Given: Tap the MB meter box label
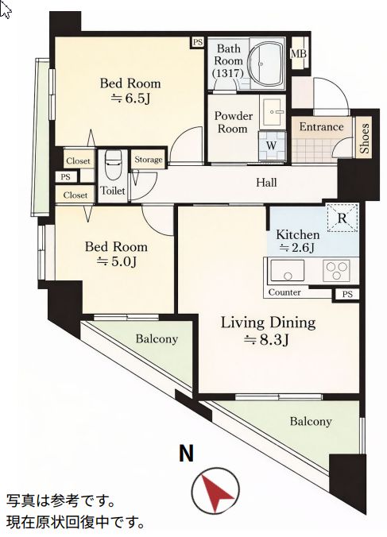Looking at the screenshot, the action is click(299, 54).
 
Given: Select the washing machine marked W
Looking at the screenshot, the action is click(271, 145).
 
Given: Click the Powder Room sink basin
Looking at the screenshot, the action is click(273, 112).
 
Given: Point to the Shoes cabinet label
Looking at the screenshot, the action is click(364, 138).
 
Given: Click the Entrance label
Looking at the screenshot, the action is click(321, 127).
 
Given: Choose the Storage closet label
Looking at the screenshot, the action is click(149, 159).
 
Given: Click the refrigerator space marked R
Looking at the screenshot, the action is click(342, 218).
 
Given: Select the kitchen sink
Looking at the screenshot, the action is click(287, 270).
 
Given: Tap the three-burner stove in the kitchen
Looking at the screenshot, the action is click(336, 270).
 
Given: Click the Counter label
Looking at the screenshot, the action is click(284, 292).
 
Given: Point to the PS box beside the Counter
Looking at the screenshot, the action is click(347, 294).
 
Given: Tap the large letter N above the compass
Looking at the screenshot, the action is click(187, 453).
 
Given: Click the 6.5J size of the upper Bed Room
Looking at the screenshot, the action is click(130, 99).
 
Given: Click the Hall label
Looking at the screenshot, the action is click(266, 182).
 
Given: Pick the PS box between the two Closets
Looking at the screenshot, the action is click(66, 177).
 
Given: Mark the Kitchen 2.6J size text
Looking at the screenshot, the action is click(296, 247).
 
